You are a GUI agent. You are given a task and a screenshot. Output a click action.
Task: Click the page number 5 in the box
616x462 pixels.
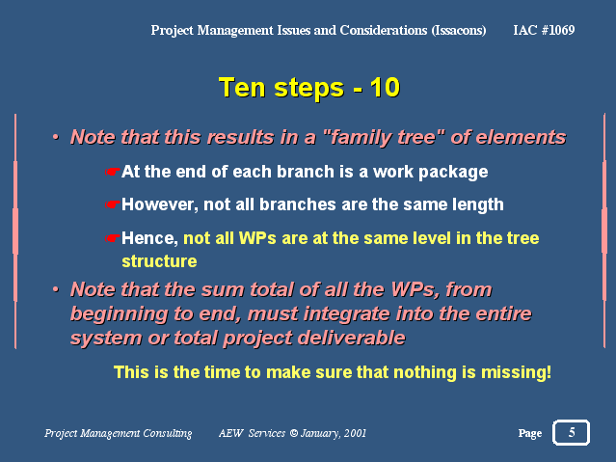pyautogui.click(x=572, y=432)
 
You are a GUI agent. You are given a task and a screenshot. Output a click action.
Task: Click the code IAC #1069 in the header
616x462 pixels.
pyautogui.click(x=544, y=30)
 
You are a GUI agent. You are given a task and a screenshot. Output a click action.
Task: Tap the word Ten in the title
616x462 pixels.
pyautogui.click(x=242, y=87)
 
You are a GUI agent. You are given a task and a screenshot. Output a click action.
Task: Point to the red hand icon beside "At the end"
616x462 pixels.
pyautogui.click(x=113, y=172)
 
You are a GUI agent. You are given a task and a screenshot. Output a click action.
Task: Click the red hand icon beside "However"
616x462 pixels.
pyautogui.click(x=113, y=204)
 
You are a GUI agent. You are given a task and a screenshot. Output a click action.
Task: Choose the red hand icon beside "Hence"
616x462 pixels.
pyautogui.click(x=113, y=238)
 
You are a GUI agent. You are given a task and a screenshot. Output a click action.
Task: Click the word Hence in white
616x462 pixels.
pyautogui.click(x=150, y=238)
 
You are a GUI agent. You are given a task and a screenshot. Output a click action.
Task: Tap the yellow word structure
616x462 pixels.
pyautogui.click(x=159, y=261)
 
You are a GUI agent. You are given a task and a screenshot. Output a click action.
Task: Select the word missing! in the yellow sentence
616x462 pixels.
pyautogui.click(x=516, y=372)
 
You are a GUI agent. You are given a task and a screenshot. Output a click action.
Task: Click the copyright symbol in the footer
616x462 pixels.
pyautogui.click(x=294, y=433)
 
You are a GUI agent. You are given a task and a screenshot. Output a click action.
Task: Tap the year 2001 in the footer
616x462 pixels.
pyautogui.click(x=355, y=433)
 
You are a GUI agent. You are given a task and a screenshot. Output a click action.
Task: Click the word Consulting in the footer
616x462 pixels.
pyautogui.click(x=168, y=433)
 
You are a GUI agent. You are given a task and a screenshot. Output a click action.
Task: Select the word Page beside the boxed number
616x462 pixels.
pyautogui.click(x=530, y=433)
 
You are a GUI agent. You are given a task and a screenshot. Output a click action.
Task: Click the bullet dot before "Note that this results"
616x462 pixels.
pyautogui.click(x=56, y=137)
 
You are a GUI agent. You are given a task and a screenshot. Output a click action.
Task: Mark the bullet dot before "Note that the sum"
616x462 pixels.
pyautogui.click(x=56, y=289)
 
